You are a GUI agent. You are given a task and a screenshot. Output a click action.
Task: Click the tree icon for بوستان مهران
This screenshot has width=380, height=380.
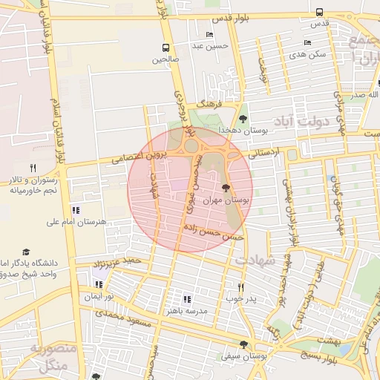(226, 189)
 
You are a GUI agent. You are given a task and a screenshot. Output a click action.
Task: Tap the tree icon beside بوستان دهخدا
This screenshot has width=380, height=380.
(243, 119)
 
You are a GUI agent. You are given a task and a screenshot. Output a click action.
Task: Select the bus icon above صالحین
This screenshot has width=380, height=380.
(165, 48)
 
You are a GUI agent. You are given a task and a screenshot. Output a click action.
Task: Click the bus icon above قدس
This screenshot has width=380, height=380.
(319, 12)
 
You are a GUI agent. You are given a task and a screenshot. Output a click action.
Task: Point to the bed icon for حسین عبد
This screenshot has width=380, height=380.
(209, 34)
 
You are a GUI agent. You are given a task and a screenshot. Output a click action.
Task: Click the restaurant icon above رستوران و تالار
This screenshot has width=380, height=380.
(33, 168)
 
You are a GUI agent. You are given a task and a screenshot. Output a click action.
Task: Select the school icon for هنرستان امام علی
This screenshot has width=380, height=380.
(76, 210)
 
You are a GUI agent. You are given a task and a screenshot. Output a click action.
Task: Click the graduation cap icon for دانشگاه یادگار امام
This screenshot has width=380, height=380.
(27, 252)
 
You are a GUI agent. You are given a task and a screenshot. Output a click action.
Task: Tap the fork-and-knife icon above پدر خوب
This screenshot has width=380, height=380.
(240, 286)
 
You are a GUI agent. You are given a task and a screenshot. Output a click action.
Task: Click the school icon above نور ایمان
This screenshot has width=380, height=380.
(99, 284)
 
